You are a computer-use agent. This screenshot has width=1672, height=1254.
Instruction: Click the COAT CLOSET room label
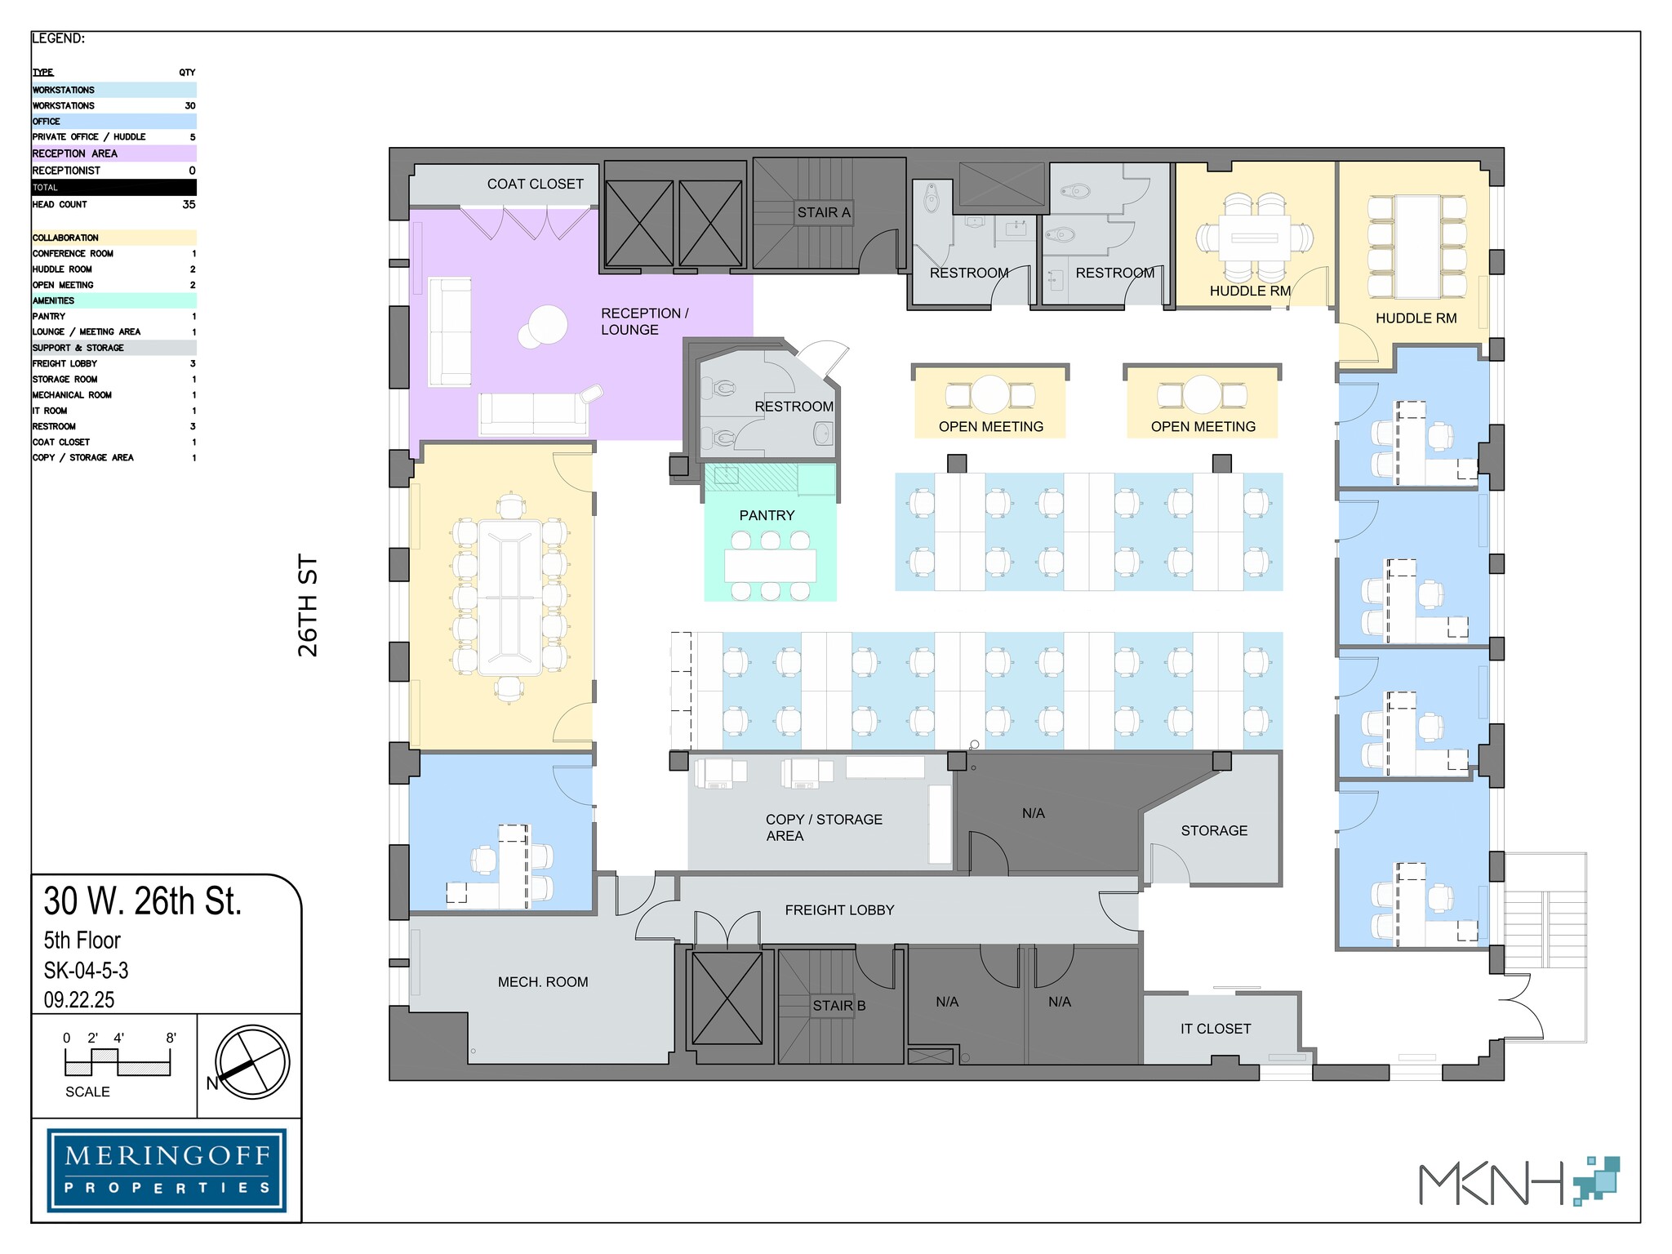535,185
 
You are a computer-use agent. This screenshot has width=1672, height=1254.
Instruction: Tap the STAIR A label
823,212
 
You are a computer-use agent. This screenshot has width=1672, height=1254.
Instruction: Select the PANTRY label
767,515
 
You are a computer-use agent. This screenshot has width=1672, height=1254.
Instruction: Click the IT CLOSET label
1215,1029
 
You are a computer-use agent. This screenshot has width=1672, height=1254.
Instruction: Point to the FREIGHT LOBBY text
839,909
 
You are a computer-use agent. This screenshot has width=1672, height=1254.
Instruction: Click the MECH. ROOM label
543,982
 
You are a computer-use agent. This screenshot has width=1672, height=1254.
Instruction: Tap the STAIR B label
838,1006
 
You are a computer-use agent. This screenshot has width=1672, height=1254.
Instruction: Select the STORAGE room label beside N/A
1214,830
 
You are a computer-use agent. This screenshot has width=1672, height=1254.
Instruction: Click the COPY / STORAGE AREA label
823,827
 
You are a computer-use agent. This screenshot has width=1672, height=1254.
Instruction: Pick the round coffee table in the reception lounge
545,326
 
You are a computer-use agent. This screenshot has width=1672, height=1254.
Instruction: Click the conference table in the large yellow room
510,598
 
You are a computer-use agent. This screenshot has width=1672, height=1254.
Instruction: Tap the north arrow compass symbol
252,1062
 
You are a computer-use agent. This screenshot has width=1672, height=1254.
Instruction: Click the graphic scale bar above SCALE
118,1062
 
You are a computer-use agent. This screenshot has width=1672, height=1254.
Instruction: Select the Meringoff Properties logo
167,1170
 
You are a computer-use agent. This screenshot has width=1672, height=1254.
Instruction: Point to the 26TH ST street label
308,605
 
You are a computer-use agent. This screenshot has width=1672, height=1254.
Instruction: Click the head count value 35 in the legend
189,204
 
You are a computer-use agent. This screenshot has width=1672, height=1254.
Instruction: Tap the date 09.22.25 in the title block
79,999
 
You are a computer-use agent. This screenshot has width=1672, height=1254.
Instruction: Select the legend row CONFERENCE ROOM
73,253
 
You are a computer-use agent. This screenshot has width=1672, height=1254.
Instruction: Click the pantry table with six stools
770,565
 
